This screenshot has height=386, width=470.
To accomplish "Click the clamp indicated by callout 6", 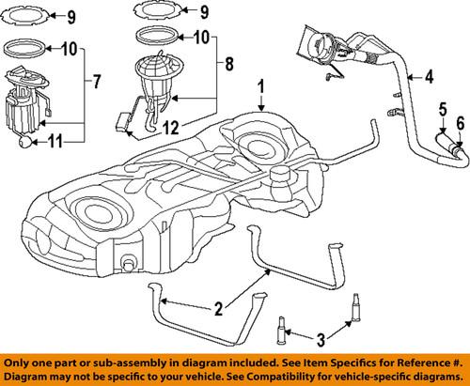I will point(456,147).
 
